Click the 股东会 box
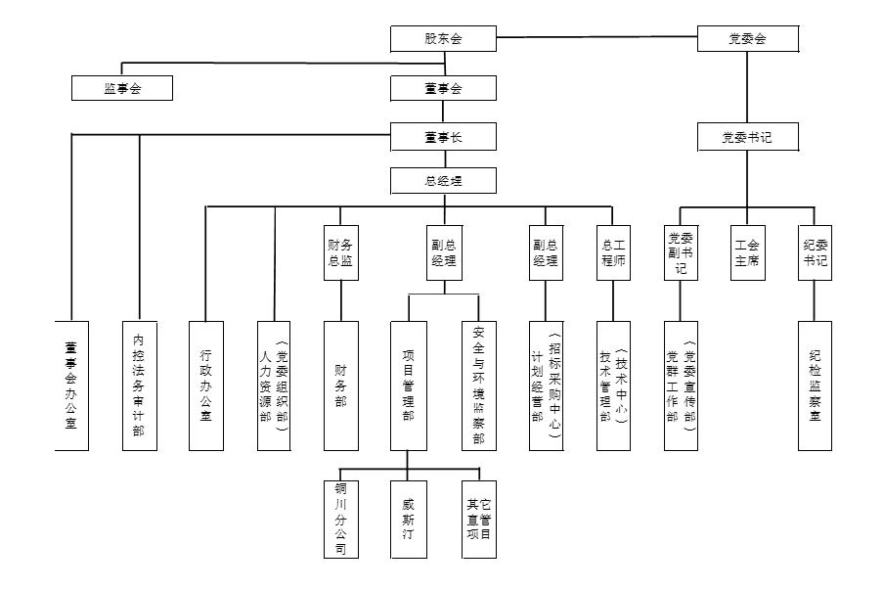click(443, 39)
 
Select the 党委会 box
click(748, 39)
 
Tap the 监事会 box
click(122, 88)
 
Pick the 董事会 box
click(443, 88)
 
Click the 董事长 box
click(443, 137)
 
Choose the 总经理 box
click(443, 181)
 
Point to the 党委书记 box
click(748, 137)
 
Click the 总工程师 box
click(613, 252)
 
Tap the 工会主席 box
click(748, 252)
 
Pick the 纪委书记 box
click(815, 252)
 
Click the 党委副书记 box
click(681, 252)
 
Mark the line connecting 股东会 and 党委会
click(596, 38)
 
